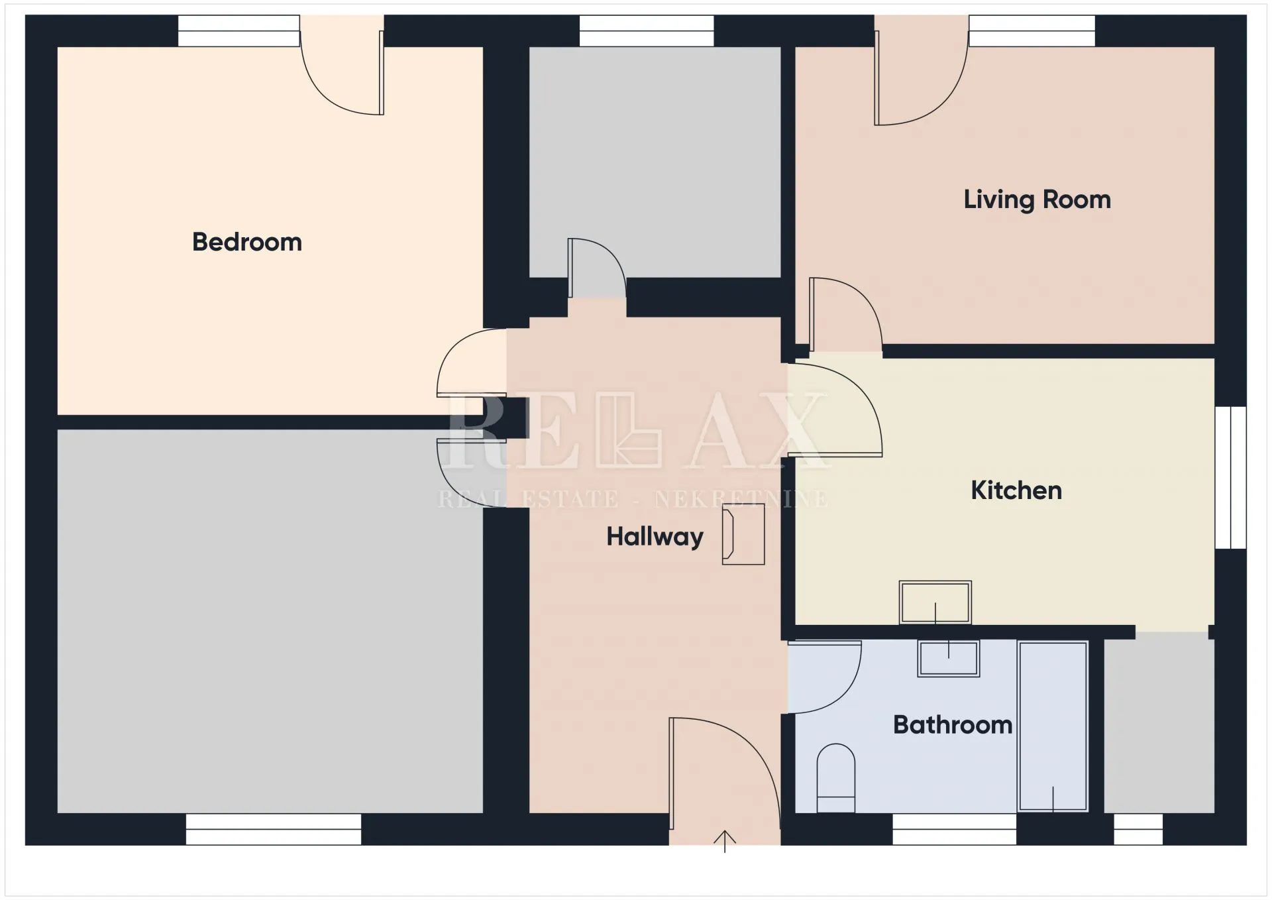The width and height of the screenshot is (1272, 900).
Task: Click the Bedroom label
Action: pyautogui.click(x=247, y=242)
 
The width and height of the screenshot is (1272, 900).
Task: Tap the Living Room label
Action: pyautogui.click(x=1037, y=199)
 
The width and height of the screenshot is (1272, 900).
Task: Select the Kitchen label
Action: pyautogui.click(x=1016, y=490)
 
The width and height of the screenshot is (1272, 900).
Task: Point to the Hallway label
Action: pyautogui.click(x=655, y=537)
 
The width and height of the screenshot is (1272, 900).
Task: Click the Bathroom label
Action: pyautogui.click(x=953, y=724)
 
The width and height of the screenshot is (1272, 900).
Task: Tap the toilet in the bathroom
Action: pyautogui.click(x=836, y=778)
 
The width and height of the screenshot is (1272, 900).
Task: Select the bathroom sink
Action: pyautogui.click(x=949, y=658)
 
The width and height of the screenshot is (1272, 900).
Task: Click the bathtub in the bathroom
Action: pyautogui.click(x=1053, y=726)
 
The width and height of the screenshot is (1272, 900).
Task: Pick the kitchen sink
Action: pyautogui.click(x=935, y=602)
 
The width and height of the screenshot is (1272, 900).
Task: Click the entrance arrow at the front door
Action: pyautogui.click(x=725, y=841)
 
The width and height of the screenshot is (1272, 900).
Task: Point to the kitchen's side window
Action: pyautogui.click(x=1231, y=477)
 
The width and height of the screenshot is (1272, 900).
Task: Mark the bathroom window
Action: pyautogui.click(x=954, y=829)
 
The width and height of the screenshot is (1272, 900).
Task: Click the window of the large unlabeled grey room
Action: pyautogui.click(x=274, y=829)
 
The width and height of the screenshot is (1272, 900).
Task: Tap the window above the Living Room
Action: pyautogui.click(x=1032, y=30)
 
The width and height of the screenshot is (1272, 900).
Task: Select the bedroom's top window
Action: pyautogui.click(x=239, y=30)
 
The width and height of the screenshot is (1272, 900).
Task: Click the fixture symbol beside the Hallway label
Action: pyautogui.click(x=743, y=534)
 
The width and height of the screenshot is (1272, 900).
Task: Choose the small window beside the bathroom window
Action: pyautogui.click(x=1138, y=829)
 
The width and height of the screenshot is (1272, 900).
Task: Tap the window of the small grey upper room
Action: pyautogui.click(x=647, y=30)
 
